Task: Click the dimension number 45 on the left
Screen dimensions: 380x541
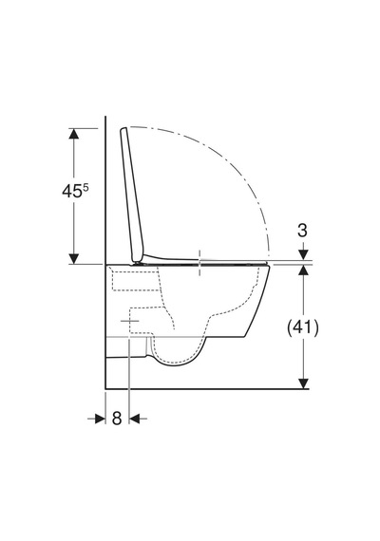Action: pyautogui.click(x=71, y=191)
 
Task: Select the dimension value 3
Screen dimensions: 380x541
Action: pyautogui.click(x=303, y=230)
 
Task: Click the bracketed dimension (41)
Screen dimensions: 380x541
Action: pyautogui.click(x=303, y=327)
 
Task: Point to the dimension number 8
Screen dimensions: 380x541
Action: pyautogui.click(x=117, y=419)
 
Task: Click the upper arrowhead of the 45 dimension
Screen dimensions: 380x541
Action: pyautogui.click(x=73, y=134)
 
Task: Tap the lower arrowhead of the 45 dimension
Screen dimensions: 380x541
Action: pyautogui.click(x=73, y=259)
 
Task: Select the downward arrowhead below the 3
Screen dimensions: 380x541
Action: pyautogui.click(x=303, y=254)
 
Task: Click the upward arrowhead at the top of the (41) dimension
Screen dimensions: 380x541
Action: pyautogui.click(x=303, y=270)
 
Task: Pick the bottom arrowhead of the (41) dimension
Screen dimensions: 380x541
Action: pyautogui.click(x=303, y=383)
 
